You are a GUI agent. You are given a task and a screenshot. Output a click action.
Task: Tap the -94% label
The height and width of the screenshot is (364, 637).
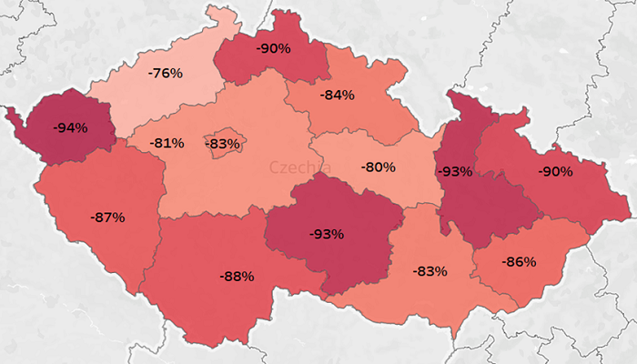point(70,127)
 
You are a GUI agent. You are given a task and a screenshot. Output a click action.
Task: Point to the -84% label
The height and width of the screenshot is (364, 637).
point(337,95)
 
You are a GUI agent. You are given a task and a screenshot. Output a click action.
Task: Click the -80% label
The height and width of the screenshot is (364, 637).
point(378,167)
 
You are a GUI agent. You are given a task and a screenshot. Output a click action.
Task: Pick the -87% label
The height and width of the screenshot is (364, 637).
point(107,217)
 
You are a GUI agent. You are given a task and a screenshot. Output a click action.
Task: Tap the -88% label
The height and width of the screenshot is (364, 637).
point(237,275)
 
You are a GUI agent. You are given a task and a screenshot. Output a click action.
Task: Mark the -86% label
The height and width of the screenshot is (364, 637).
point(520,262)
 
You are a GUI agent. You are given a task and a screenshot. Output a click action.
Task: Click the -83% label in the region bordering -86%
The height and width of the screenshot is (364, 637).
point(429,271)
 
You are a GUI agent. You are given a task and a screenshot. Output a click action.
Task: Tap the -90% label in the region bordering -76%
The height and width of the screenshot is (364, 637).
point(273,47)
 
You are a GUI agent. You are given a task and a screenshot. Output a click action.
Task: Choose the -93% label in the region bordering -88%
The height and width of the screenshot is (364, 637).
point(326,234)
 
